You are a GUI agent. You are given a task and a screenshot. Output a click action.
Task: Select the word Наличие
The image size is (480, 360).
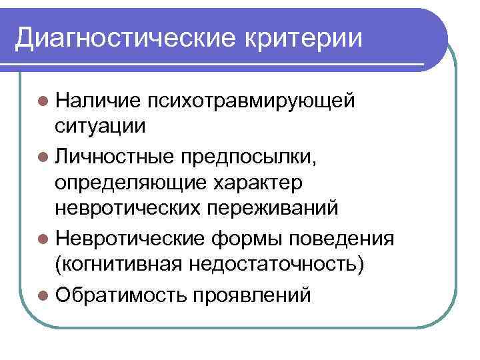point(97,100)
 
